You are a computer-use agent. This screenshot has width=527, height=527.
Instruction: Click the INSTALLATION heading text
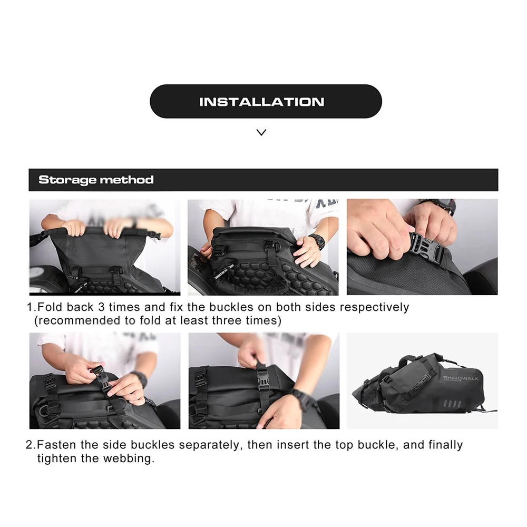click(262, 102)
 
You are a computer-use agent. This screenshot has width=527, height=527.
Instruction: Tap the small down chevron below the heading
click(261, 132)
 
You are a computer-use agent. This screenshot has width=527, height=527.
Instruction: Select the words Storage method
click(96, 180)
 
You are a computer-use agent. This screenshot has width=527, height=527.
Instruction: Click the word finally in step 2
click(446, 445)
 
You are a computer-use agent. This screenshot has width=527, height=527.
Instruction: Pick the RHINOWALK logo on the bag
click(461, 378)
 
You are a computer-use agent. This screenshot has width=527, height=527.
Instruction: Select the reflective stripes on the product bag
click(452, 403)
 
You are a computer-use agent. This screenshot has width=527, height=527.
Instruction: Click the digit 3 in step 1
click(101, 307)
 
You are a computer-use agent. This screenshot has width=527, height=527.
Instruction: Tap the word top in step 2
click(344, 445)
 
